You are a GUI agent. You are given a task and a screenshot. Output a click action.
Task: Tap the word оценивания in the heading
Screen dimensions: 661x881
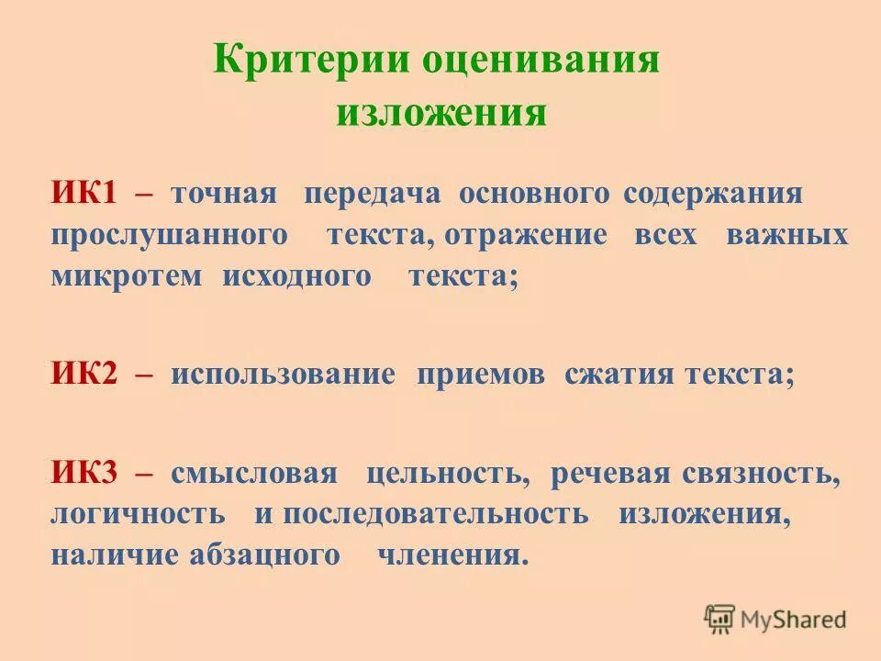(x=541, y=62)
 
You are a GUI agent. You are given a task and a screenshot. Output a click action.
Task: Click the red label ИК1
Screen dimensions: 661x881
(x=84, y=193)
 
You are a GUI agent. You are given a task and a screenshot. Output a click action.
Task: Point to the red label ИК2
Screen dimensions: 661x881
(x=84, y=375)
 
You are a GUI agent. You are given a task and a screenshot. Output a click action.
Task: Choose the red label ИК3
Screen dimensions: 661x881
(x=84, y=474)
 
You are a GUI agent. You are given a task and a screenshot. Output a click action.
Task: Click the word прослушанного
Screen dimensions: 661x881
(x=170, y=236)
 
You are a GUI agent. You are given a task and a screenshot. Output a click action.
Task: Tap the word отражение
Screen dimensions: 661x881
(x=525, y=234)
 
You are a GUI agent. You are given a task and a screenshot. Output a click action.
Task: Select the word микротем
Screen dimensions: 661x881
(x=126, y=276)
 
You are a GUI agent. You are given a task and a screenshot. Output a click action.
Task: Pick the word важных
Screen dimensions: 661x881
(x=786, y=234)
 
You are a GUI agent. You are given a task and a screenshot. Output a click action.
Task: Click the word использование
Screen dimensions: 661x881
(x=283, y=375)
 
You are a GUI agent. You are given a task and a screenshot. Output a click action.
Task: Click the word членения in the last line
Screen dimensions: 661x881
(x=453, y=555)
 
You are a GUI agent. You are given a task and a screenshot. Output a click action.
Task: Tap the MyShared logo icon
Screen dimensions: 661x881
(x=720, y=620)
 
